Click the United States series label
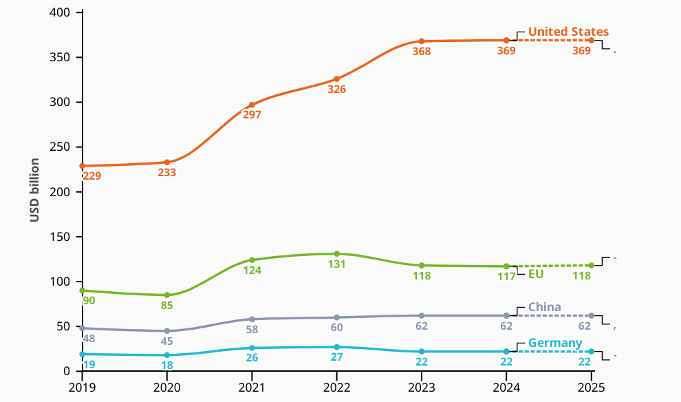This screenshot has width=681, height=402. pyautogui.click(x=568, y=32)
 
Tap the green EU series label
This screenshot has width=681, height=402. pyautogui.click(x=536, y=274)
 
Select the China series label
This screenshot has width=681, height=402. pyautogui.click(x=544, y=307)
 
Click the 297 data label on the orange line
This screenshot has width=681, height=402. pyautogui.click(x=252, y=115)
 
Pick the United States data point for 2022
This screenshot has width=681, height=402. pyautogui.click(x=336, y=79)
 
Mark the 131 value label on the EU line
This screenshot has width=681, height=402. pyautogui.click(x=336, y=264)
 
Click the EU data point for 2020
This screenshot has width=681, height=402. pyautogui.click(x=166, y=295)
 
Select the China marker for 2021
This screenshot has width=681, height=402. pyautogui.click(x=252, y=319)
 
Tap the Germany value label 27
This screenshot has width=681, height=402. pyautogui.click(x=336, y=357)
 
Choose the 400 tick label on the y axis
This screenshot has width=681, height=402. pyautogui.click(x=61, y=13)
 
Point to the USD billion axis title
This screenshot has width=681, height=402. pyautogui.click(x=34, y=191)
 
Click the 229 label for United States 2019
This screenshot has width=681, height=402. pyautogui.click(x=92, y=176)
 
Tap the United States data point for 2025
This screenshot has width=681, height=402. pyautogui.click(x=591, y=40)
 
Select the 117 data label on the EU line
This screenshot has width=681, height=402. pyautogui.click(x=506, y=276)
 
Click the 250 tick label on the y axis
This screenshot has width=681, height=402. pyautogui.click(x=61, y=147)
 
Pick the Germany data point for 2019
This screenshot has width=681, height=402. pyautogui.click(x=82, y=354)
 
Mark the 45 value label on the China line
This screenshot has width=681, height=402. pyautogui.click(x=166, y=341)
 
